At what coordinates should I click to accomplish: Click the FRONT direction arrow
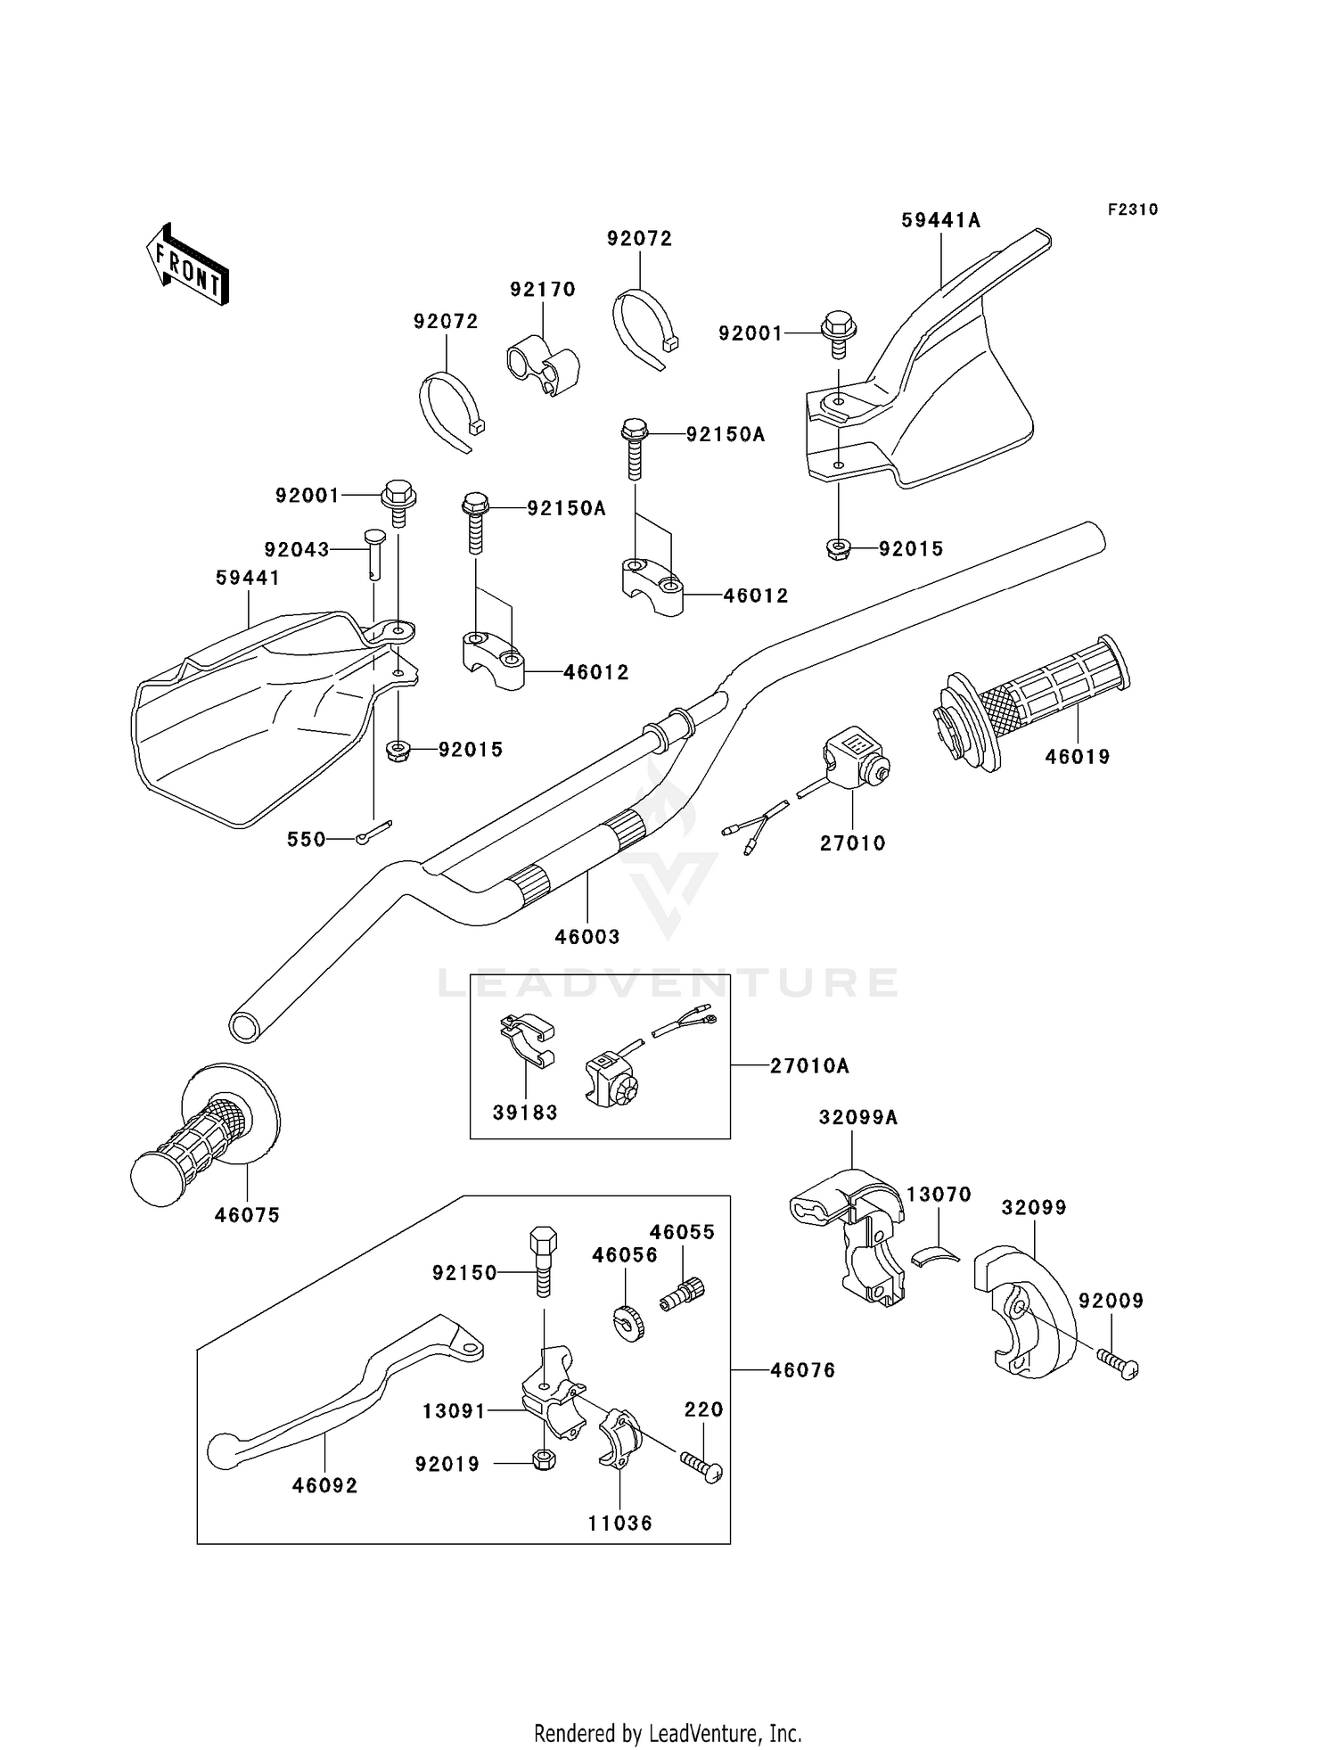coord(187,265)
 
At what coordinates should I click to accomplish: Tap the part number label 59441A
coord(940,220)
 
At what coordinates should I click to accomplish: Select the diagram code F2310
coord(1133,210)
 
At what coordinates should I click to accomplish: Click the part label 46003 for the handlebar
coord(587,937)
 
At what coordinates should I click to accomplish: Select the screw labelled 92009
coord(1119,1365)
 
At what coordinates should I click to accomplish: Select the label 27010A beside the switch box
coord(809,1065)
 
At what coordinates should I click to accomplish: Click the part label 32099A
coord(858,1117)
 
